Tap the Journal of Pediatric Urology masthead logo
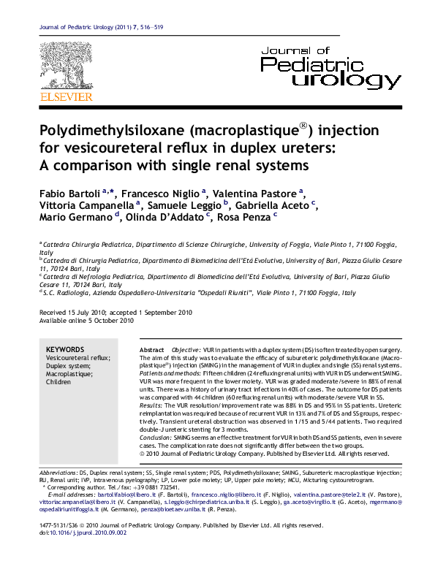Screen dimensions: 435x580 click(x=330, y=67)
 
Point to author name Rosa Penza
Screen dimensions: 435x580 click(x=246, y=217)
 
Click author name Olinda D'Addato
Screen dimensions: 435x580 click(x=160, y=217)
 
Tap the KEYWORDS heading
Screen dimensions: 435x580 click(x=64, y=349)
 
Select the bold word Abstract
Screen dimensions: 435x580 click(x=151, y=351)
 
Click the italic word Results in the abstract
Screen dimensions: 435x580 click(x=151, y=403)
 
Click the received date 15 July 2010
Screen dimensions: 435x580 click(x=89, y=311)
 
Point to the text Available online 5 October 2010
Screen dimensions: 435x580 click(x=86, y=319)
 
